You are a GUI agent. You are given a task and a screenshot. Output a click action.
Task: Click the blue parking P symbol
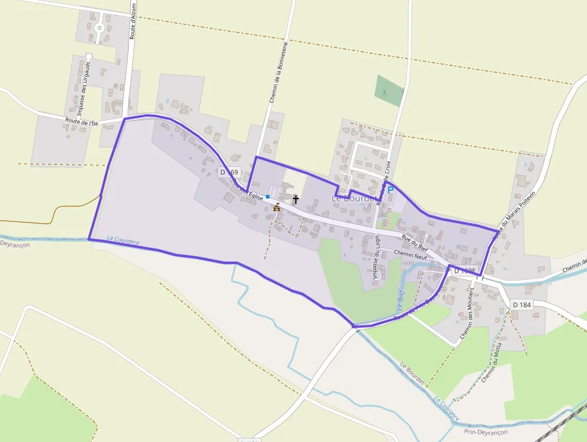pos(391,190)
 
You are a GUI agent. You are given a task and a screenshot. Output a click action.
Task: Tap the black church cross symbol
pos(295,199)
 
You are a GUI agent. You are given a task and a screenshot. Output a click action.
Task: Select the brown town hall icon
pos(277,208)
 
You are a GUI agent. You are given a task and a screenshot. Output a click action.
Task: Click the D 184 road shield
pos(522,305)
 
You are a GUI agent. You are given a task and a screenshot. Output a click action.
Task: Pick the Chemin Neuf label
pos(394,255)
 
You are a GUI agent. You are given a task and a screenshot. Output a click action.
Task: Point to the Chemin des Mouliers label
pos(467,315)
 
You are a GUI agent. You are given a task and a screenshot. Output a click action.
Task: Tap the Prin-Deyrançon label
pos(485,432)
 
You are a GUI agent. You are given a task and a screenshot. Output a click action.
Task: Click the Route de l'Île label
pos(81,122)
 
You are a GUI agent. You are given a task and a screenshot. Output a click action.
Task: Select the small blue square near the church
pos(268,196)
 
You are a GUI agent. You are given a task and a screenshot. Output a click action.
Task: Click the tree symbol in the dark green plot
pos(383,92)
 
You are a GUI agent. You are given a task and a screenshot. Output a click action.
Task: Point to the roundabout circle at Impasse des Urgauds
pos(99,28)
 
